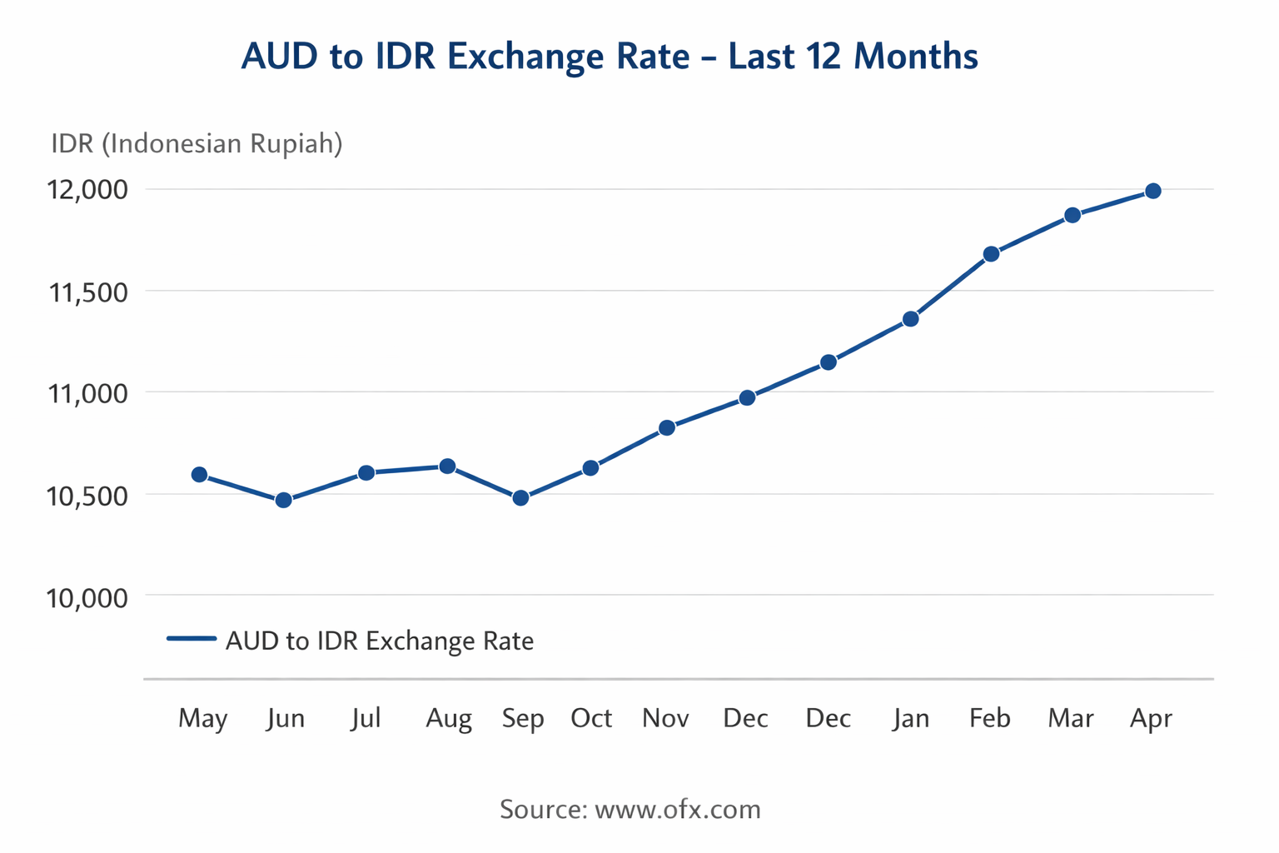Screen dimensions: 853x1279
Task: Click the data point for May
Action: tap(199, 475)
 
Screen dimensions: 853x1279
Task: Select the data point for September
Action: tap(520, 498)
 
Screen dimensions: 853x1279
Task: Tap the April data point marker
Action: tap(1153, 192)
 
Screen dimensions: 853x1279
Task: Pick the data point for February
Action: tap(991, 254)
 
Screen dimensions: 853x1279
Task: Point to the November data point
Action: tap(667, 428)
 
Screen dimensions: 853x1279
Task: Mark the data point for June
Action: tap(283, 500)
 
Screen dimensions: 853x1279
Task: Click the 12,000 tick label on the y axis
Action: tap(87, 190)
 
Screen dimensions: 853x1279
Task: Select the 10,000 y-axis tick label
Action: tap(87, 597)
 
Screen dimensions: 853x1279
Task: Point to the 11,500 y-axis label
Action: tap(87, 292)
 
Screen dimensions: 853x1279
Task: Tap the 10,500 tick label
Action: tap(87, 496)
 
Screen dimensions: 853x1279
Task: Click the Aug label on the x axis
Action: tap(449, 718)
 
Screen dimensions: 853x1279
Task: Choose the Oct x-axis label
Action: tap(591, 718)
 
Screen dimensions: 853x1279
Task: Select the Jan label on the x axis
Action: tap(911, 718)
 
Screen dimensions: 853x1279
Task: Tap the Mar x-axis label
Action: tap(1071, 718)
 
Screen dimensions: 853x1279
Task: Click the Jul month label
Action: tap(366, 718)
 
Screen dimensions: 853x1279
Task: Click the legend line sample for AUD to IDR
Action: tap(192, 639)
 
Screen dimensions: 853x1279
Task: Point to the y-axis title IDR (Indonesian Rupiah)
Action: tap(197, 143)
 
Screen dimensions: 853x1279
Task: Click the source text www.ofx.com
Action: tap(678, 809)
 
